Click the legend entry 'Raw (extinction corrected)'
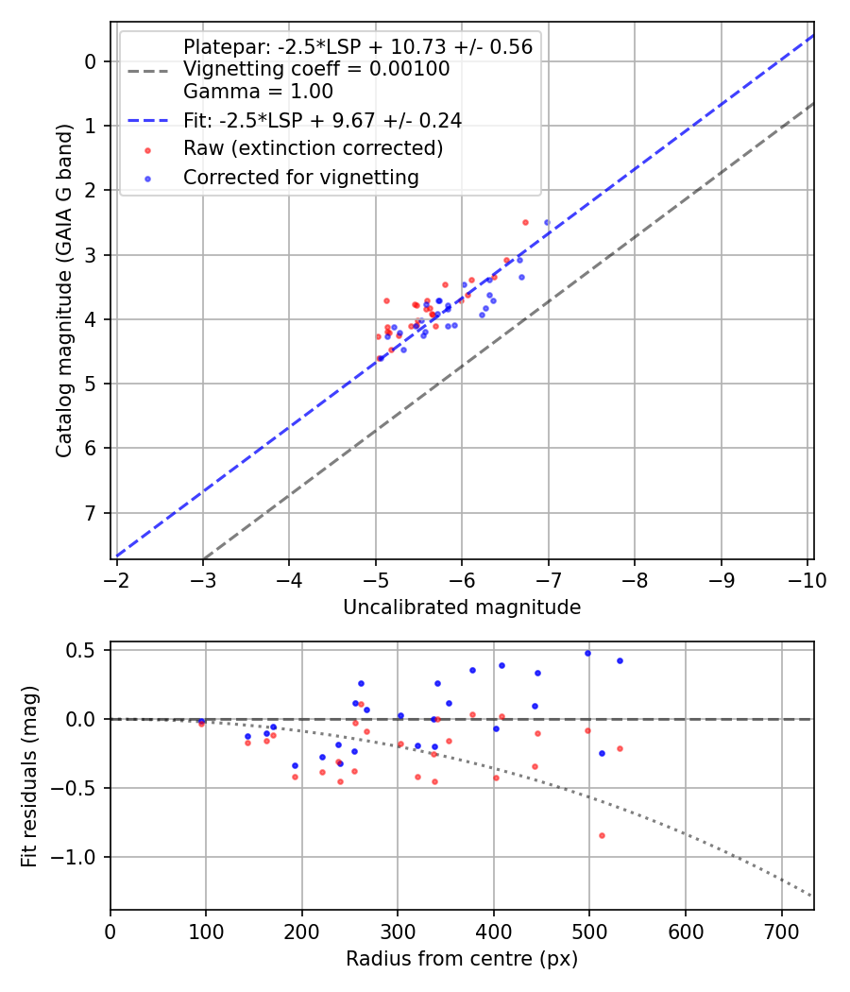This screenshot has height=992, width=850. click(313, 148)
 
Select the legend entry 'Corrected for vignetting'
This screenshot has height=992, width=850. click(300, 177)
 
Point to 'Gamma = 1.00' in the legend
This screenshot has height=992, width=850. click(258, 92)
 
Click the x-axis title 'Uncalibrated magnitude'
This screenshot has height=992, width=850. click(461, 607)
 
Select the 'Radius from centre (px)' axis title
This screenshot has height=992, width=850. click(461, 959)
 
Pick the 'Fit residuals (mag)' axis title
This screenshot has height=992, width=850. click(29, 777)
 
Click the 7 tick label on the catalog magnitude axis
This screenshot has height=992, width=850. click(92, 513)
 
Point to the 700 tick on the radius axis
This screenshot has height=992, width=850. click(685, 932)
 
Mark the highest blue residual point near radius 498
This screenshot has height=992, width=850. click(587, 653)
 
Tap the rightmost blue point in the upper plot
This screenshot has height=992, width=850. click(547, 222)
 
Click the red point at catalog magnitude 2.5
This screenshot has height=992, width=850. click(525, 222)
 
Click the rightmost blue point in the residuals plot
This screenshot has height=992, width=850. click(620, 660)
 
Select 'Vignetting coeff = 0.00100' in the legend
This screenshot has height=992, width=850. click(316, 69)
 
